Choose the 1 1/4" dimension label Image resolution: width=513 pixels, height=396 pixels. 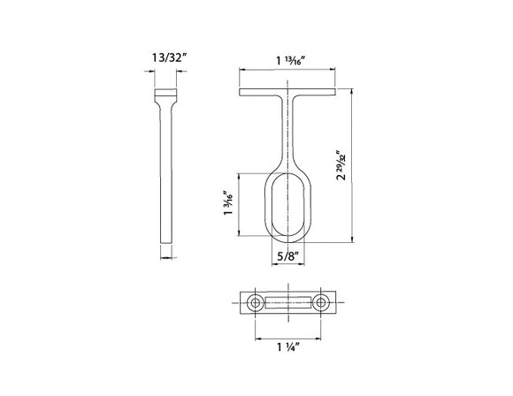point(287,347)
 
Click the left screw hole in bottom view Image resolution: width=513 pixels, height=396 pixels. point(256,303)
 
